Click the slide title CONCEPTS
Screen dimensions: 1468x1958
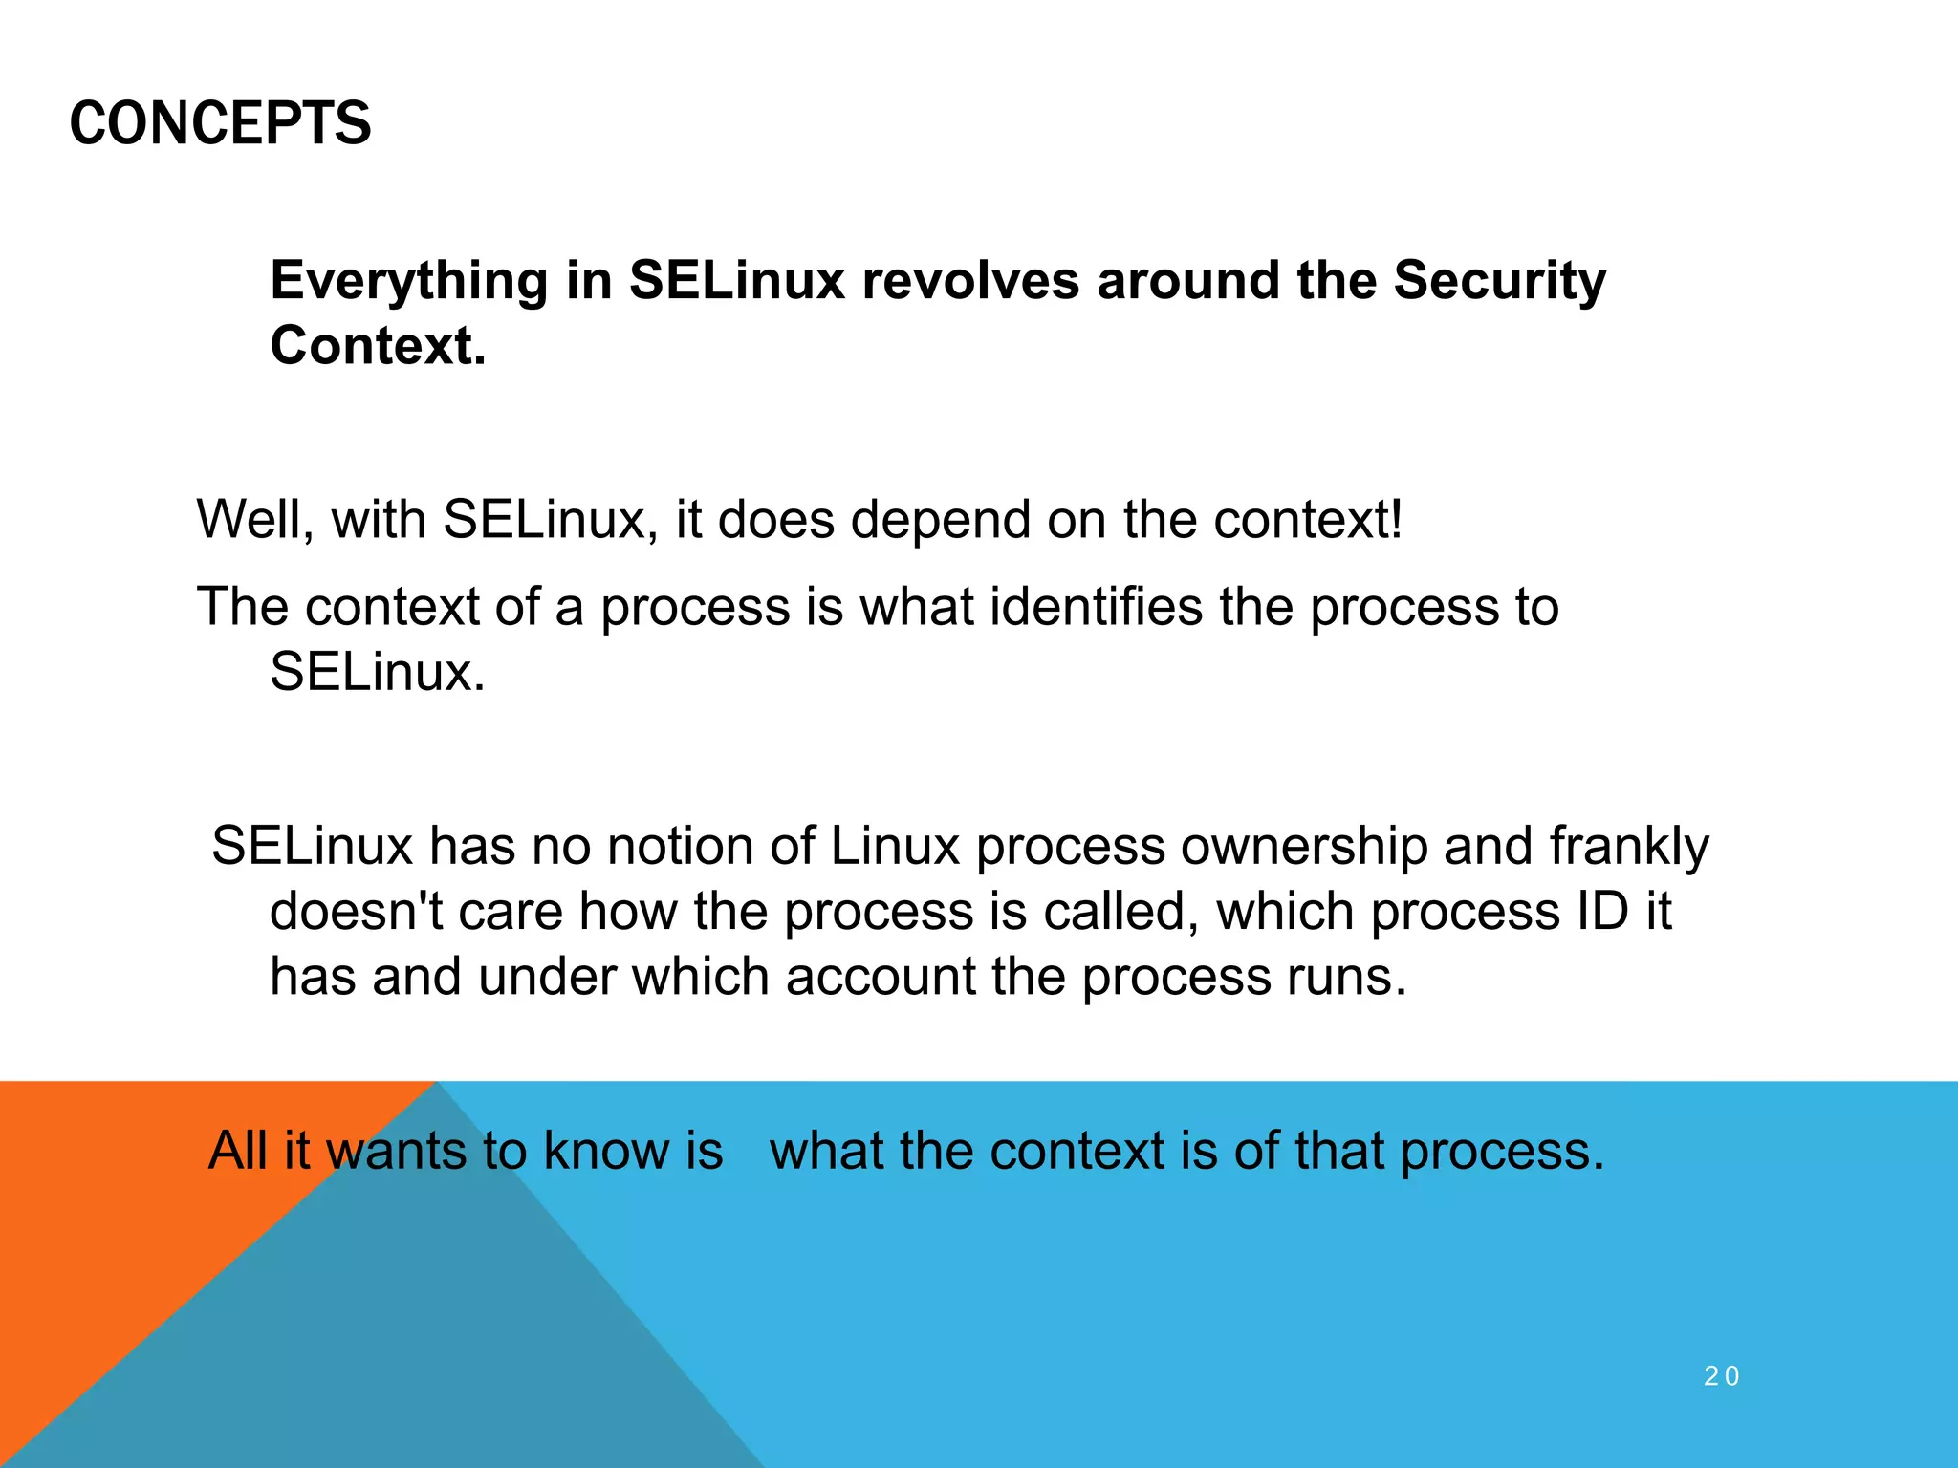coord(220,124)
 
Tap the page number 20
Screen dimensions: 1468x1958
coord(1722,1376)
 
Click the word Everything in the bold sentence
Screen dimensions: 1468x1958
coord(409,281)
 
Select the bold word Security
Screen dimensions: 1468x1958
coord(1499,281)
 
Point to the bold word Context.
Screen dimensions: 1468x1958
coord(378,346)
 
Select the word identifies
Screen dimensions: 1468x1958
coord(1096,607)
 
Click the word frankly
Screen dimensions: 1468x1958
coord(1629,847)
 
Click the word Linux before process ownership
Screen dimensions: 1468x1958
coord(894,847)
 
